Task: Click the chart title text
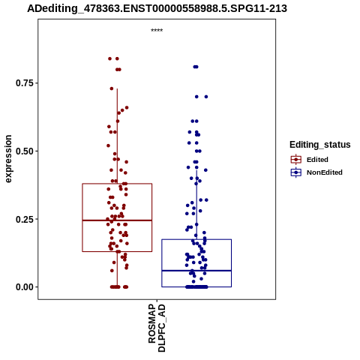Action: pyautogui.click(x=157, y=8)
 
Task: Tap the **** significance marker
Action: pyautogui.click(x=157, y=31)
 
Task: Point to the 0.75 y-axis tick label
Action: pyautogui.click(x=25, y=83)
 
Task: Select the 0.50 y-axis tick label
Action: pyautogui.click(x=25, y=151)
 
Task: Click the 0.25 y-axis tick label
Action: pyautogui.click(x=25, y=219)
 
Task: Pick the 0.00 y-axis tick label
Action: pyautogui.click(x=25, y=287)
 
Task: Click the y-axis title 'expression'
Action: pyautogui.click(x=8, y=159)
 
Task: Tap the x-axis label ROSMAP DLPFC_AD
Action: pyautogui.click(x=157, y=328)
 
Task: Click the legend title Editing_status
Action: pyautogui.click(x=320, y=145)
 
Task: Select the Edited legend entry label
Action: pyautogui.click(x=317, y=160)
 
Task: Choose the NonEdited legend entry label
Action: pyautogui.click(x=325, y=172)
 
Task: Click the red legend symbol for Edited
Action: pyautogui.click(x=296, y=160)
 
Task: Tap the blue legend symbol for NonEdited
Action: pyautogui.click(x=296, y=172)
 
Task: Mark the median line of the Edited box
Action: pyautogui.click(x=117, y=220)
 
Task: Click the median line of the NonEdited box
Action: pyautogui.click(x=196, y=271)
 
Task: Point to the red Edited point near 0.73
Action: pyautogui.click(x=112, y=88)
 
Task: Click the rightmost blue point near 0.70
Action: pyautogui.click(x=206, y=97)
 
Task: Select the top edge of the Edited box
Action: pyautogui.click(x=117, y=184)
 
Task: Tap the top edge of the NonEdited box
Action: pyautogui.click(x=196, y=239)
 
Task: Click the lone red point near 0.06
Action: pyautogui.click(x=112, y=271)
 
